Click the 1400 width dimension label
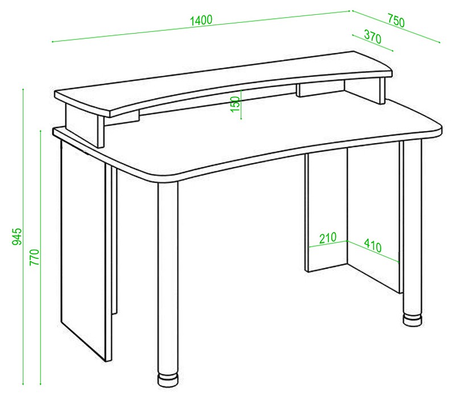coord(201,21)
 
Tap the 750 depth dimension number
coord(396,21)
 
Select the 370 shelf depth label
coord(373,37)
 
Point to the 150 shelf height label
coord(235,104)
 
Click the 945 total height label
coord(17,237)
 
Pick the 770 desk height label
coord(34,257)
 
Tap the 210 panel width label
coord(328,238)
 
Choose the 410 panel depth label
coord(373,246)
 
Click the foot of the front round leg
coord(168,380)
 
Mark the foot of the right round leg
coord(413,320)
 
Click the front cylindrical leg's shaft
coord(168,277)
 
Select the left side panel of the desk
coord(87,251)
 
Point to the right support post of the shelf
coord(382,91)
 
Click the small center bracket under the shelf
coord(320,89)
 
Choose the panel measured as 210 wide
coord(326,210)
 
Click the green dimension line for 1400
coord(201,26)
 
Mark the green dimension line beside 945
coord(23,237)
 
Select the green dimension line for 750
coord(396,27)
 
